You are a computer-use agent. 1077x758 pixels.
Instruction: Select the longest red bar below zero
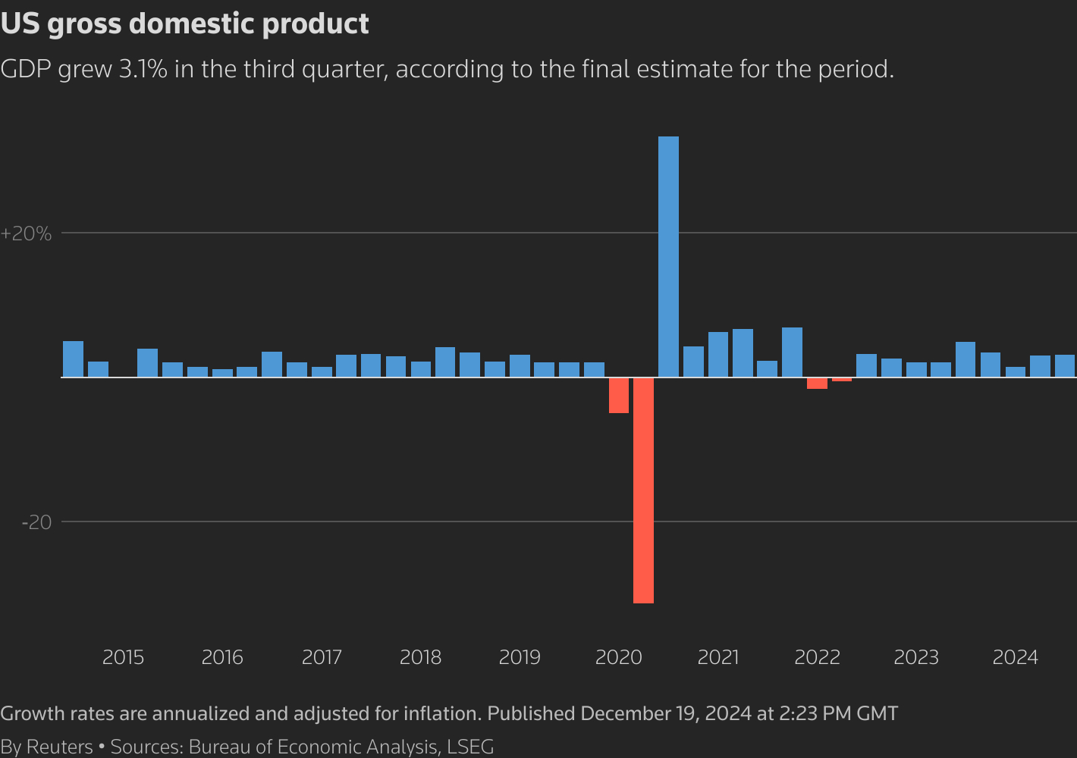point(643,490)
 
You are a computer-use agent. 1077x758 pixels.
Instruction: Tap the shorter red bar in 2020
point(619,395)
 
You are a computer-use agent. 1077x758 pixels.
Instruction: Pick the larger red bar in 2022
point(817,383)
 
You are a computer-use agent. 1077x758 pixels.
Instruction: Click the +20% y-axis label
point(27,233)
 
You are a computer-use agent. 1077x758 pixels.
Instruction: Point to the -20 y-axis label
point(36,522)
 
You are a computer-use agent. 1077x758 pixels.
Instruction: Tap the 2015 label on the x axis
point(123,657)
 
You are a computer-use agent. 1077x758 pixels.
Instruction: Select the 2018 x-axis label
point(420,657)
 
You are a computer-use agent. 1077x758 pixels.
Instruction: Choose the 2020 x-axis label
point(619,657)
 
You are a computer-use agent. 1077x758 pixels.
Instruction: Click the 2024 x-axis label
point(1015,657)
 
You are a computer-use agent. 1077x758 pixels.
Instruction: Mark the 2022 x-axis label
point(817,657)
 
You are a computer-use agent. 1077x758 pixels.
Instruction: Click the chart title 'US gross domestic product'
point(185,23)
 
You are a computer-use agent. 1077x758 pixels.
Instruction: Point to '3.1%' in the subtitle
point(143,70)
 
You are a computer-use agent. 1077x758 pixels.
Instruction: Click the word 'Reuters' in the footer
point(59,747)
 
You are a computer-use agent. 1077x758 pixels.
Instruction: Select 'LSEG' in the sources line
point(470,747)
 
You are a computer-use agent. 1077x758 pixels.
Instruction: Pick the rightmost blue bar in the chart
point(1065,366)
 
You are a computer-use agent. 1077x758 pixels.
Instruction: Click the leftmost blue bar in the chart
point(73,359)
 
